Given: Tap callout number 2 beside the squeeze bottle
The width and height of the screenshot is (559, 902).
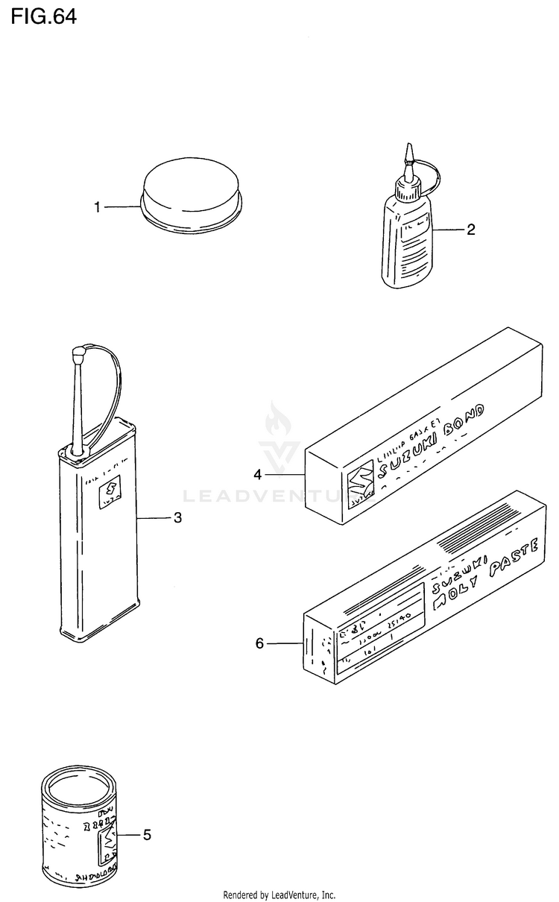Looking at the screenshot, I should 470,230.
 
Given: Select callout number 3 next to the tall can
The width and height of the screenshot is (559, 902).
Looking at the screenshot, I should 177,518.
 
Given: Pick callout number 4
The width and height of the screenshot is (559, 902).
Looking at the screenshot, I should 257,474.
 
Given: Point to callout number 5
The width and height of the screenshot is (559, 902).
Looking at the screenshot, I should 147,835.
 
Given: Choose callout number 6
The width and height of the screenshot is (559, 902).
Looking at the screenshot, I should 259,643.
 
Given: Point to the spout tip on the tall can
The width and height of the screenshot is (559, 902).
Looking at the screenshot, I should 78,352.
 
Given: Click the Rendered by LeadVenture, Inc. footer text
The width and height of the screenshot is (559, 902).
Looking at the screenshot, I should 279,895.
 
